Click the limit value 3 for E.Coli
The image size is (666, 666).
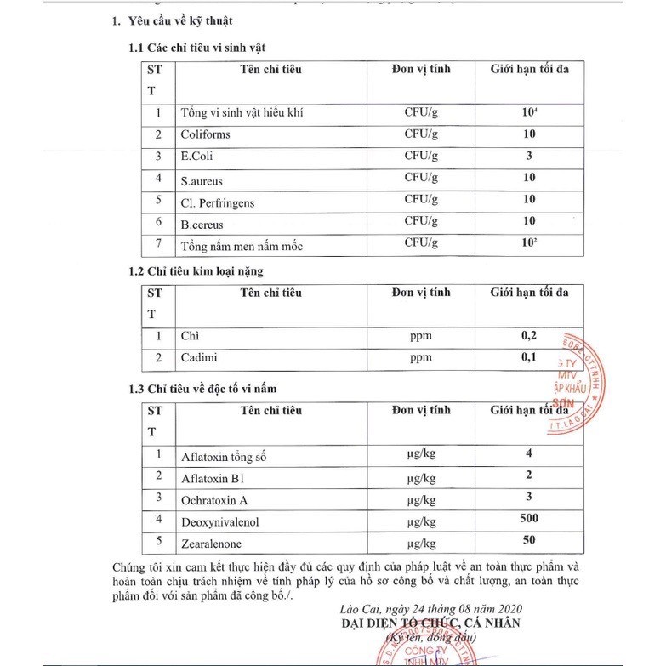(529, 156)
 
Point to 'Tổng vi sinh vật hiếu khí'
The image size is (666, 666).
(242, 113)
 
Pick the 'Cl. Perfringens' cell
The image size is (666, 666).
(217, 202)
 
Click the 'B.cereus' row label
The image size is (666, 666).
(202, 225)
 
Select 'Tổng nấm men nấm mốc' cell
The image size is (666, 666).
(241, 247)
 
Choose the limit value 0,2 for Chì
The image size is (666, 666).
(529, 335)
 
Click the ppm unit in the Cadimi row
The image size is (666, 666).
(421, 358)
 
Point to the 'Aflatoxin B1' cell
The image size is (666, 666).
(212, 478)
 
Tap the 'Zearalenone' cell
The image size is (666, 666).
(211, 544)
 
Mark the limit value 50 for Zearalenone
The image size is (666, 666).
(529, 541)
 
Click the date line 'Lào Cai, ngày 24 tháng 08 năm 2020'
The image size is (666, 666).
(427, 608)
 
